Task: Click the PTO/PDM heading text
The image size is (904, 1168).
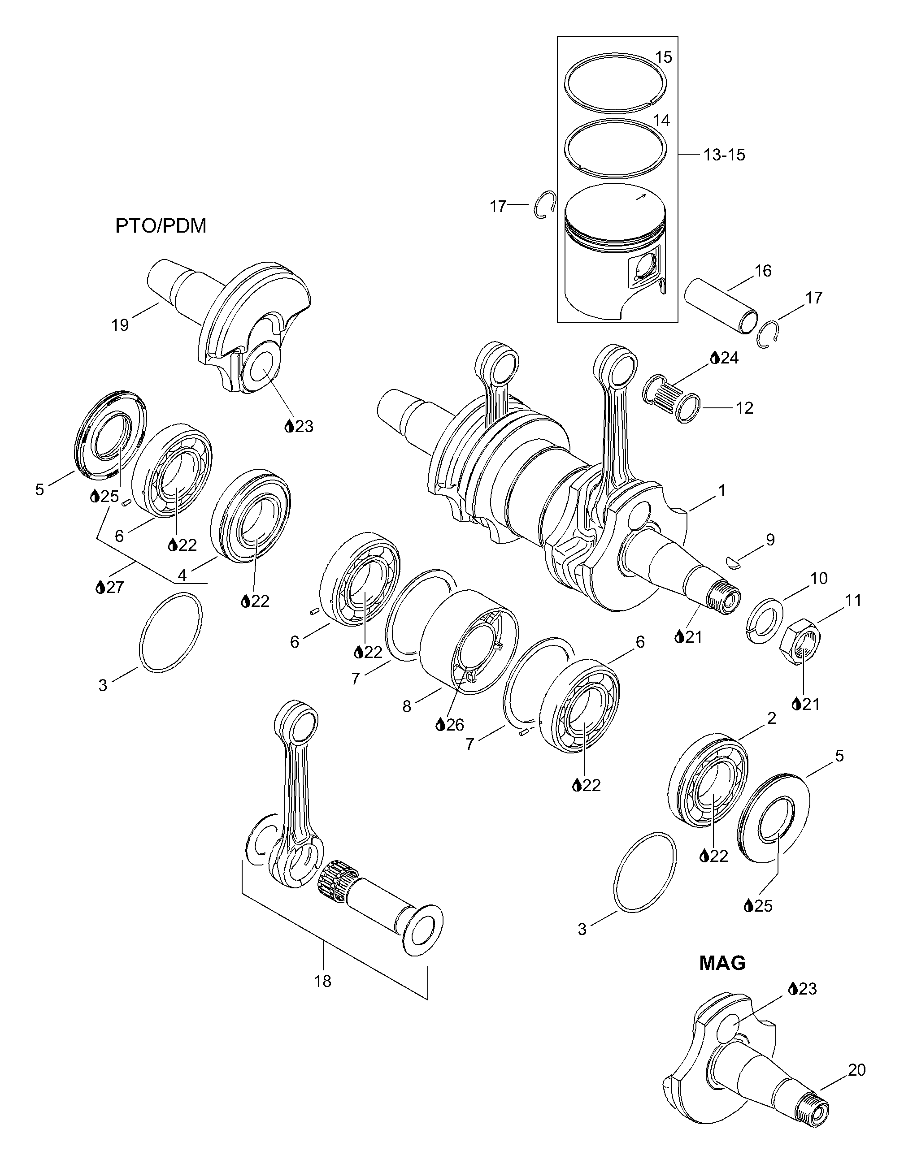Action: click(x=161, y=226)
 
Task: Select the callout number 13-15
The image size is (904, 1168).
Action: click(x=724, y=155)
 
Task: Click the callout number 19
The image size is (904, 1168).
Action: click(x=120, y=324)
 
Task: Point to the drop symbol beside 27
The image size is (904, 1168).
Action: click(x=100, y=588)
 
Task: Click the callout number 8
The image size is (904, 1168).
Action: click(x=407, y=706)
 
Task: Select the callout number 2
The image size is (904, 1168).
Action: click(x=771, y=718)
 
